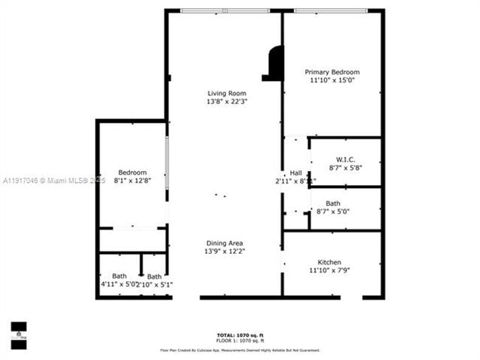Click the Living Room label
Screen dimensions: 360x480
(x=226, y=94)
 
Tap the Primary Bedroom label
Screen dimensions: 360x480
(x=331, y=72)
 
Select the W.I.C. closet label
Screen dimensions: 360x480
(x=345, y=159)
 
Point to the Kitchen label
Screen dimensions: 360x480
(x=329, y=263)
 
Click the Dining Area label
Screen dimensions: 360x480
(x=225, y=243)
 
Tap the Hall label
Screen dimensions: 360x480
(x=296, y=173)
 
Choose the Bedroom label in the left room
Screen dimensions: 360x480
(x=132, y=172)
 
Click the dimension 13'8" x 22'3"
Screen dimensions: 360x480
(x=226, y=102)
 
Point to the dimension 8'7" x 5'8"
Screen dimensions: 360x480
(x=345, y=167)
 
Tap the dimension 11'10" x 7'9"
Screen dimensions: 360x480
(x=329, y=271)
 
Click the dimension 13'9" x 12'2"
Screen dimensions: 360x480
(x=225, y=252)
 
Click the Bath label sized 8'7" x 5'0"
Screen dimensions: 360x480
(x=333, y=204)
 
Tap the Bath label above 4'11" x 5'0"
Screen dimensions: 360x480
(x=119, y=277)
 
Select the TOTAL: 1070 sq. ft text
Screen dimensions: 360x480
(x=240, y=336)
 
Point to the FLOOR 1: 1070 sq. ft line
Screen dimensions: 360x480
(x=240, y=341)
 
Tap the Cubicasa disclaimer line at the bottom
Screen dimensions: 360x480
(x=240, y=350)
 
